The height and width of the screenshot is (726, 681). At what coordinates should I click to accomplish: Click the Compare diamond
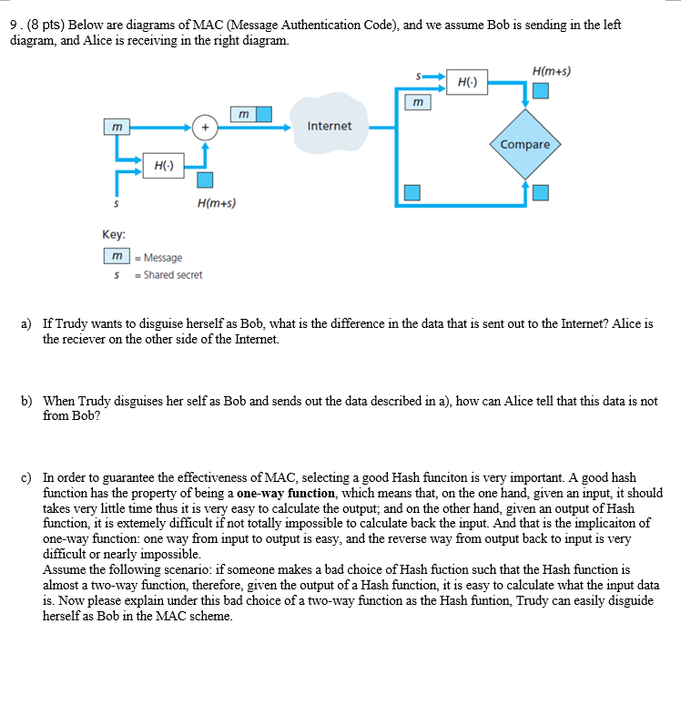pyautogui.click(x=525, y=145)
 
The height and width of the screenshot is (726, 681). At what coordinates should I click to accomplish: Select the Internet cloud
pyautogui.click(x=329, y=125)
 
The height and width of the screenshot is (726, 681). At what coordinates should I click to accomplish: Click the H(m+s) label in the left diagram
pyautogui.click(x=216, y=203)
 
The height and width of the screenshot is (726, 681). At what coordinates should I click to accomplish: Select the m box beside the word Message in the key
pyautogui.click(x=116, y=258)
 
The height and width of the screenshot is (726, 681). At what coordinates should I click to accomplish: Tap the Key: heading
pyautogui.click(x=115, y=234)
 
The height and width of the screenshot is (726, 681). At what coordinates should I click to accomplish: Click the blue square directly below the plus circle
pyautogui.click(x=206, y=179)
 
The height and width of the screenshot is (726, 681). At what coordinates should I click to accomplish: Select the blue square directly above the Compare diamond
pyautogui.click(x=541, y=90)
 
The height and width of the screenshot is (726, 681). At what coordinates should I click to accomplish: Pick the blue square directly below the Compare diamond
pyautogui.click(x=541, y=192)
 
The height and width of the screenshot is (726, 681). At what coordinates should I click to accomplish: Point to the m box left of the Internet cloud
pyautogui.click(x=242, y=114)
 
